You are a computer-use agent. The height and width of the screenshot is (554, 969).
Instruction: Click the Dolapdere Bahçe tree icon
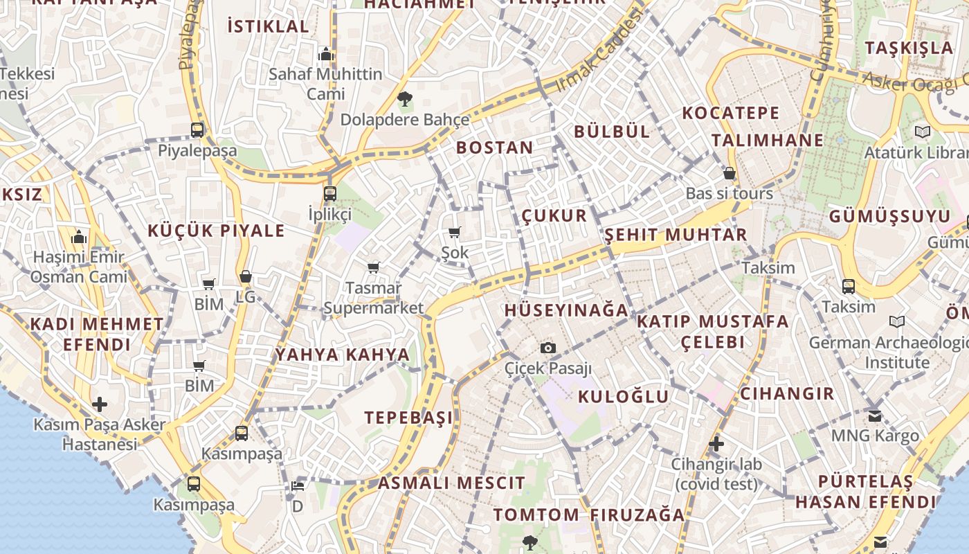click(405, 99)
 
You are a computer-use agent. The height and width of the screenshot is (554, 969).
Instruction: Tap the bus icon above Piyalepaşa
click(197, 129)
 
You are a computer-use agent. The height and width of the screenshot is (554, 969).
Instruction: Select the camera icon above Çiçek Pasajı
click(548, 348)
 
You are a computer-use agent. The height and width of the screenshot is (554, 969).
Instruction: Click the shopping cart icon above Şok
click(455, 233)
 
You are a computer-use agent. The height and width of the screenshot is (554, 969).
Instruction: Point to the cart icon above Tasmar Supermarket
click(374, 267)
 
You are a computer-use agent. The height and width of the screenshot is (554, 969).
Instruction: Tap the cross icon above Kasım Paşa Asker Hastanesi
click(100, 404)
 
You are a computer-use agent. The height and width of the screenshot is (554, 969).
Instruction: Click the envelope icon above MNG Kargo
click(875, 415)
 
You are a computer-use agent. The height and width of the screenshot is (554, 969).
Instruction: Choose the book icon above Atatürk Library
click(922, 132)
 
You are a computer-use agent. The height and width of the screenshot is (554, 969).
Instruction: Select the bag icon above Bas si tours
click(729, 173)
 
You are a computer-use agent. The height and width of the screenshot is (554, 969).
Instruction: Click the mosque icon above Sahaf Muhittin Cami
click(325, 54)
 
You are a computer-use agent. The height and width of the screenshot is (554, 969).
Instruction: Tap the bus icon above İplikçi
click(330, 194)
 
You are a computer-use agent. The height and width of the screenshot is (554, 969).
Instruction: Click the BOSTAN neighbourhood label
click(494, 148)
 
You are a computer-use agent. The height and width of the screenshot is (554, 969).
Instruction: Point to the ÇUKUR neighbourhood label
click(554, 215)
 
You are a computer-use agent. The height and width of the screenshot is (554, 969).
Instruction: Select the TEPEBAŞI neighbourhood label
click(408, 418)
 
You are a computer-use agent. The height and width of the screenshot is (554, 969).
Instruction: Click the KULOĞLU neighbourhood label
click(623, 397)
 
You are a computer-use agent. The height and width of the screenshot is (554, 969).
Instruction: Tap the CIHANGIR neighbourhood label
click(787, 393)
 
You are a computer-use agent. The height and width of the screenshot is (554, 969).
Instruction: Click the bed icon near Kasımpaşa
click(298, 485)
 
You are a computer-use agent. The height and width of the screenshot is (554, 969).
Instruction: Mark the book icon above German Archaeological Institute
click(897, 322)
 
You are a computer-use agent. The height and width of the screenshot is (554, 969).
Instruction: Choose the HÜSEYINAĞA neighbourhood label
click(566, 310)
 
